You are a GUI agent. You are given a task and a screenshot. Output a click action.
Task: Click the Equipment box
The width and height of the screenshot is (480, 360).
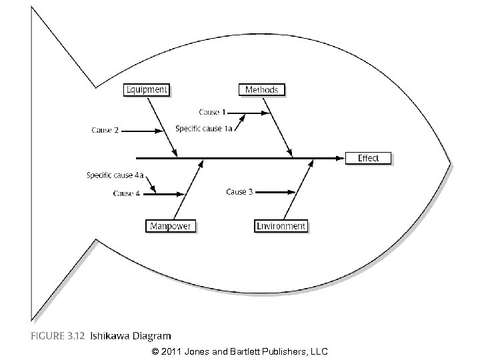147,89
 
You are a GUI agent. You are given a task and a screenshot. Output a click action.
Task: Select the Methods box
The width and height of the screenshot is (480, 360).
262,89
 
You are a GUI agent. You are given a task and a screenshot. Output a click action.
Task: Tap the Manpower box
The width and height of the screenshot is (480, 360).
171,226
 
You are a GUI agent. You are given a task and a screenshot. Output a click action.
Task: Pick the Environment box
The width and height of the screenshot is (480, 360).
281,226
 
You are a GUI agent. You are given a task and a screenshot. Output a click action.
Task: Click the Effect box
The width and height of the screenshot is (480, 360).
368,158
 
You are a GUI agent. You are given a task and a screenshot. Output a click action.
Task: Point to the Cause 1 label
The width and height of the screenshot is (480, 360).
213,112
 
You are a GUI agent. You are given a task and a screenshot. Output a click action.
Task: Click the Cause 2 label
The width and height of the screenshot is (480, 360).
105,130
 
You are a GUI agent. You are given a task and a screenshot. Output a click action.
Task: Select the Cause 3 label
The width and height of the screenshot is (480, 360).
239,192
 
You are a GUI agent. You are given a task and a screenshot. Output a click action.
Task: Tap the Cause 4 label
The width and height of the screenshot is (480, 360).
127,193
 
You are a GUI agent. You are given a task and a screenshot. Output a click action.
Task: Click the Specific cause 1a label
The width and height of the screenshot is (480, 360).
203,128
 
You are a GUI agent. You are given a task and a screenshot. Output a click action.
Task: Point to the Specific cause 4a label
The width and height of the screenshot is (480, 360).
115,175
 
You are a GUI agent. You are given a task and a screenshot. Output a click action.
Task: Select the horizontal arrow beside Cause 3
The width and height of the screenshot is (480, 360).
275,192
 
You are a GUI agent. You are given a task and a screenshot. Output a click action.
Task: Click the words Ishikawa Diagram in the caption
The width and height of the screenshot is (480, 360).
140,336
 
